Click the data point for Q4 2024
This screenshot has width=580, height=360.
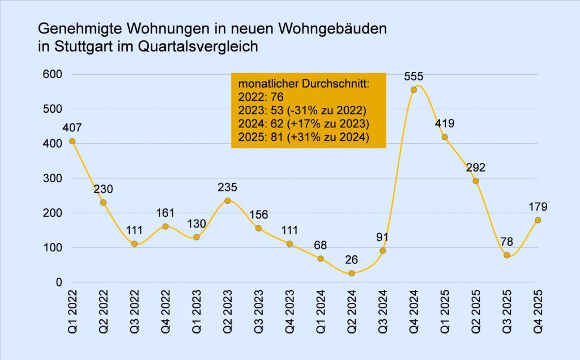pyautogui.click(x=413, y=89)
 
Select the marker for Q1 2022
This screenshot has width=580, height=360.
pyautogui.click(x=72, y=141)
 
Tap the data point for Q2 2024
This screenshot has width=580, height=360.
pyautogui.click(x=351, y=273)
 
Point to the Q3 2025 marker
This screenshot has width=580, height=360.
pyautogui.click(x=506, y=255)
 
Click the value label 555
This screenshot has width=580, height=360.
pyautogui.click(x=413, y=76)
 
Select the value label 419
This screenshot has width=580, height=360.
pyautogui.click(x=445, y=123)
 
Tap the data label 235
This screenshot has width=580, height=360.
pyautogui.click(x=227, y=187)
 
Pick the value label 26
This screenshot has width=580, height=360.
pyautogui.click(x=351, y=260)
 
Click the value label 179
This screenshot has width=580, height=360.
pyautogui.click(x=538, y=207)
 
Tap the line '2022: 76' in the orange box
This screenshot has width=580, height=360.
pyautogui.click(x=256, y=97)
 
